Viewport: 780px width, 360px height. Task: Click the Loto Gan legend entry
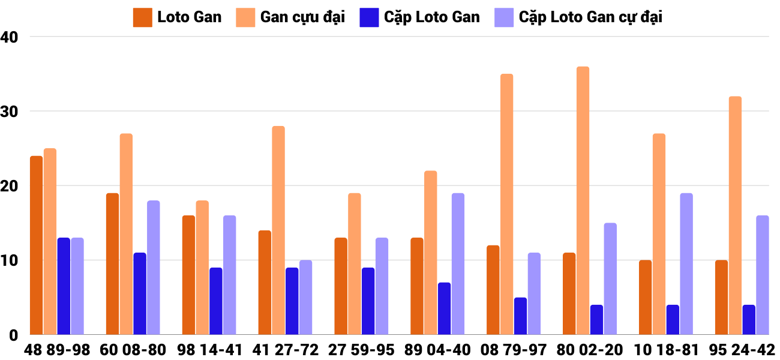click(x=178, y=17)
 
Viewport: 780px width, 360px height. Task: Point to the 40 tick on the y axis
click(x=10, y=37)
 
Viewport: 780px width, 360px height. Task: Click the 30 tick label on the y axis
click(x=10, y=112)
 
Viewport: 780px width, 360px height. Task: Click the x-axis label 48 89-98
click(x=58, y=350)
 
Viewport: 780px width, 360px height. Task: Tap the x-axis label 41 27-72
click(x=286, y=350)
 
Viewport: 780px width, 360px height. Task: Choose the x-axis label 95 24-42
click(x=742, y=350)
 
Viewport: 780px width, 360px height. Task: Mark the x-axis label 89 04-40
click(x=438, y=350)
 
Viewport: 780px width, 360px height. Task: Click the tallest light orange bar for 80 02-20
click(x=583, y=200)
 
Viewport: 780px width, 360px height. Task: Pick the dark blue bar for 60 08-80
click(x=140, y=293)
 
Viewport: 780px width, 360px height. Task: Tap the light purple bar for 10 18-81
click(x=686, y=264)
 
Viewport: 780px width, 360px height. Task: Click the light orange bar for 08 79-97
click(x=506, y=204)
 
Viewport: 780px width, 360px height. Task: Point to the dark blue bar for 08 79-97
click(x=520, y=316)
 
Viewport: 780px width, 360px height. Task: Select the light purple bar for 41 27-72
click(x=305, y=297)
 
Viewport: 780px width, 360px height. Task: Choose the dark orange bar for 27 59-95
click(x=341, y=286)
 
